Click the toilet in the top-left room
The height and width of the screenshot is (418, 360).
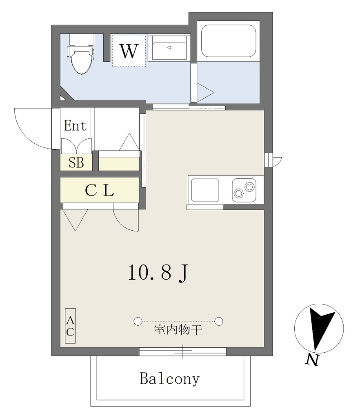coord(81,54)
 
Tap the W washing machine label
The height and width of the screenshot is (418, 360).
coord(129,51)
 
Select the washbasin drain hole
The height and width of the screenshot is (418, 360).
coord(169,48)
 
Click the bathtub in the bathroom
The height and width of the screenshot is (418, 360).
coord(229,41)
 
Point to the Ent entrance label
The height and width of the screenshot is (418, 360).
coord(75,125)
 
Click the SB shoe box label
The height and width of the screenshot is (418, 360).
coord(76,162)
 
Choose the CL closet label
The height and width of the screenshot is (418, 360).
coord(100,190)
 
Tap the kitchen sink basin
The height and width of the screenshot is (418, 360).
coord(205,190)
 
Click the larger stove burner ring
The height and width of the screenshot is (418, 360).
coord(250,187)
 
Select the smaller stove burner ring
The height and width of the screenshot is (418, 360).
coord(238,193)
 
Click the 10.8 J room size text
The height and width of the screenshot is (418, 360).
coord(158,272)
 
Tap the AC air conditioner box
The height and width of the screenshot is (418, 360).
coord(70,326)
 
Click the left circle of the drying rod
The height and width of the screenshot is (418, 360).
coord(138,321)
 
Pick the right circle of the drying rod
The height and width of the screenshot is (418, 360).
coord(218,321)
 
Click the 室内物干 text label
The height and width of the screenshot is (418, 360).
coord(178,330)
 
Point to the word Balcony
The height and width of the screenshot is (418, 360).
coord(169,379)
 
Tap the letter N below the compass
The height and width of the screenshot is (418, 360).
coord(312,360)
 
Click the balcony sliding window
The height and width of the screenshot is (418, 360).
coord(183,351)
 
